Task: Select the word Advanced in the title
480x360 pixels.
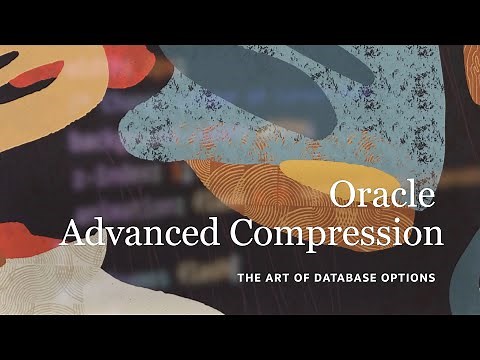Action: click(142, 233)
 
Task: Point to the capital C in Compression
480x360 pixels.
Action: click(245, 233)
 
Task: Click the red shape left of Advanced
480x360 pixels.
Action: click(25, 240)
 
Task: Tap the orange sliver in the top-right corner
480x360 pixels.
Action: click(472, 70)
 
